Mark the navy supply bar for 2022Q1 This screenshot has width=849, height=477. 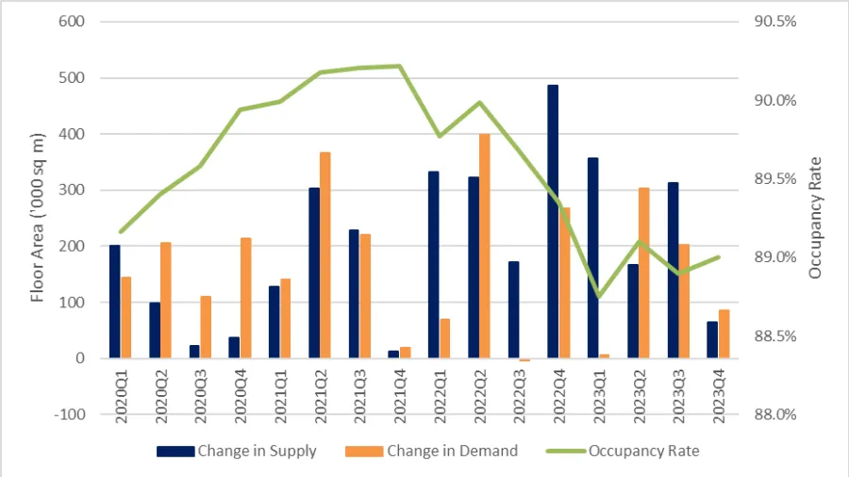coord(433,265)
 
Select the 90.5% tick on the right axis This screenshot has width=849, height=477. coord(778,23)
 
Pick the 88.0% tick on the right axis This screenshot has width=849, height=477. coord(778,415)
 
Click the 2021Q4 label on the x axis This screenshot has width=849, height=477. coord(401,396)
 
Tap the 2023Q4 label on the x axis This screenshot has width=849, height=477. coord(720,396)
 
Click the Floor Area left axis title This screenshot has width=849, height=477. coord(38,218)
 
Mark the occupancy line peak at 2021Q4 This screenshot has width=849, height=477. coord(400,66)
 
